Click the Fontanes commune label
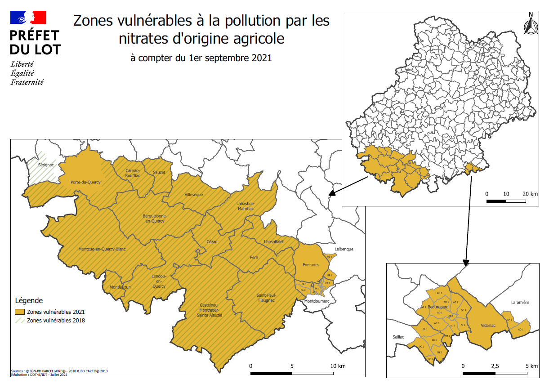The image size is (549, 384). click(311, 265)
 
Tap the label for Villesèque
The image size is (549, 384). click(194, 195)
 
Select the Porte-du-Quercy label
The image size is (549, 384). click(85, 182)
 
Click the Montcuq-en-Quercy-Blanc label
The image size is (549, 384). click(102, 249)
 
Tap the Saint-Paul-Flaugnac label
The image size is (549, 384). click(266, 298)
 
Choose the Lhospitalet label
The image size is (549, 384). click(274, 241)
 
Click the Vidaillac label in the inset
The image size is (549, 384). click(488, 325)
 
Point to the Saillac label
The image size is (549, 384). click(398, 337)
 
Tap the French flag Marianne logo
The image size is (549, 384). click(28, 18)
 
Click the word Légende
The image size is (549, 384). click(29, 300)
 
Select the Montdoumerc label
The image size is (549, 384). click(317, 301)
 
